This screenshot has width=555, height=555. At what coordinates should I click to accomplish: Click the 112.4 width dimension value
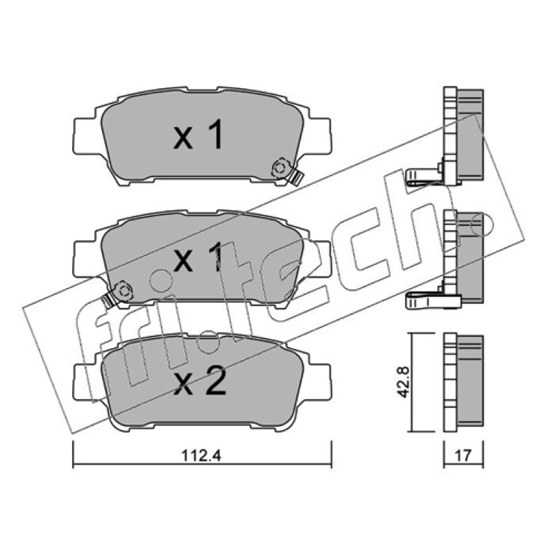point(201,455)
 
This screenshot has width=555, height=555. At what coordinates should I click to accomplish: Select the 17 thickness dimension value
point(463,455)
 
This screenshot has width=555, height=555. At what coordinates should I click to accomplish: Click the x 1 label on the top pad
point(198,135)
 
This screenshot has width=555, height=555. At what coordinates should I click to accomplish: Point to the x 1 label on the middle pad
point(199,257)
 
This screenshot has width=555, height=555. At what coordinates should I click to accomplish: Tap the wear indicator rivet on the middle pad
point(124,291)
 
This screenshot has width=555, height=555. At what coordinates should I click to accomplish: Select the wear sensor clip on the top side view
point(424,176)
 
